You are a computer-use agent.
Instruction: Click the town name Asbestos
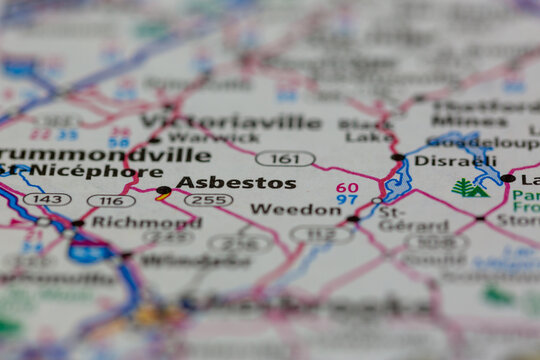click(236, 183)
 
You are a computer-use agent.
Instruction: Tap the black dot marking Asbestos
click(163, 189)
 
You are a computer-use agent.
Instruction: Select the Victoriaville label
click(244, 123)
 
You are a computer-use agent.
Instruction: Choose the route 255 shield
click(208, 200)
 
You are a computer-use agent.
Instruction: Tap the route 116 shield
click(110, 201)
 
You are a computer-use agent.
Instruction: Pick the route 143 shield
click(47, 199)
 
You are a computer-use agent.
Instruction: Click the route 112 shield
click(320, 234)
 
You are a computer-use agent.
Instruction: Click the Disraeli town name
click(440, 160)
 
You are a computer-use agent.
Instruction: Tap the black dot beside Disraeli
click(398, 158)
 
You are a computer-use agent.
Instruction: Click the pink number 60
click(347, 187)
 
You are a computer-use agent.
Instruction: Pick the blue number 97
click(347, 200)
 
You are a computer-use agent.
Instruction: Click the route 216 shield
click(241, 242)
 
